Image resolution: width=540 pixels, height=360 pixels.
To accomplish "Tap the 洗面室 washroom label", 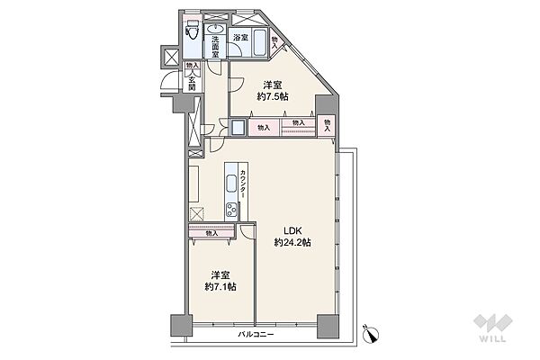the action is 215,47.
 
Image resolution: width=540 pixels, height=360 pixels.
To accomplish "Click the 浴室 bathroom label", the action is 240,38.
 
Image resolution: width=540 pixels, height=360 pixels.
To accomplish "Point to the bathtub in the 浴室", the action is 259,42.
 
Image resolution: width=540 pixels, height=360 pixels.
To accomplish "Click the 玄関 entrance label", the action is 193,82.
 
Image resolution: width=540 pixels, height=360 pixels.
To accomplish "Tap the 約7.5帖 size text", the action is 273,97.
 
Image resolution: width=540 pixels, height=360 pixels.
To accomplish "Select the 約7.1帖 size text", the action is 220,286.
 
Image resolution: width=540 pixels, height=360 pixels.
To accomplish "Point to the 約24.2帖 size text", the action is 292,242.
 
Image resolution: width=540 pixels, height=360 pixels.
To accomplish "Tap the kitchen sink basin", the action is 230,184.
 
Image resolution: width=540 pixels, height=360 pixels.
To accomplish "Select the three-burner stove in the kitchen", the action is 231,210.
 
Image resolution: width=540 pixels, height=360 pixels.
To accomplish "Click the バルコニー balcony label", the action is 256,335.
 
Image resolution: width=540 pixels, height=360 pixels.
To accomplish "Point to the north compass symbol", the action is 371,333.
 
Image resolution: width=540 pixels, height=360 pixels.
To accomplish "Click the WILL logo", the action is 493,328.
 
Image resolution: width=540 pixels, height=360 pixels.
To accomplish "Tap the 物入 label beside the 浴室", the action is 274,42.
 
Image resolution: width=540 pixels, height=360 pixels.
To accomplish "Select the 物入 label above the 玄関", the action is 193,66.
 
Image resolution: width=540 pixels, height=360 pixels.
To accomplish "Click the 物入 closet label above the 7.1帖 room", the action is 211,233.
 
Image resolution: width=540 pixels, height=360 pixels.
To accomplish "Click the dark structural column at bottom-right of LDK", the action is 328,326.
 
